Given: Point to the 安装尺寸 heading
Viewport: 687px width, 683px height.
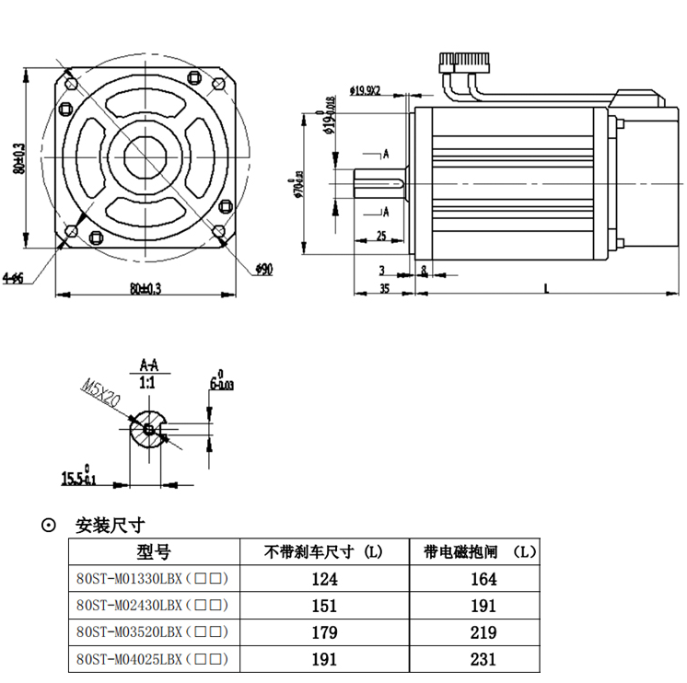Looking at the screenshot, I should click(110, 526).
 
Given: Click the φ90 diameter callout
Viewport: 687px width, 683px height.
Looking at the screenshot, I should click(263, 269).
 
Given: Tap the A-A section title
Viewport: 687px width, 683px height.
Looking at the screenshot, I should click(147, 364).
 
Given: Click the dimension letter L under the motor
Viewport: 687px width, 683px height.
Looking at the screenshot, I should click(547, 288).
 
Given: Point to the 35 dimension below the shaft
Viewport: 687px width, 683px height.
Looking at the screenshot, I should click(385, 288).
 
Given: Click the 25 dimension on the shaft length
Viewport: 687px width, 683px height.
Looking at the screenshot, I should click(382, 236).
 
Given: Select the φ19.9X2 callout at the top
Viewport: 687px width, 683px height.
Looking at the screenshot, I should click(366, 90).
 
